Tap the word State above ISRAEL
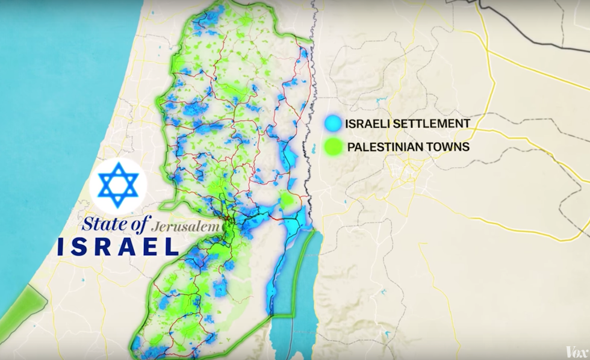[101, 225]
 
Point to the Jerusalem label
[184, 228]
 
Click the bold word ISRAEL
[118, 246]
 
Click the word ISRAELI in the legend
[366, 125]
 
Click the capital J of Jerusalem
[156, 228]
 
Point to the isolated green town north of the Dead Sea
[288, 200]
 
